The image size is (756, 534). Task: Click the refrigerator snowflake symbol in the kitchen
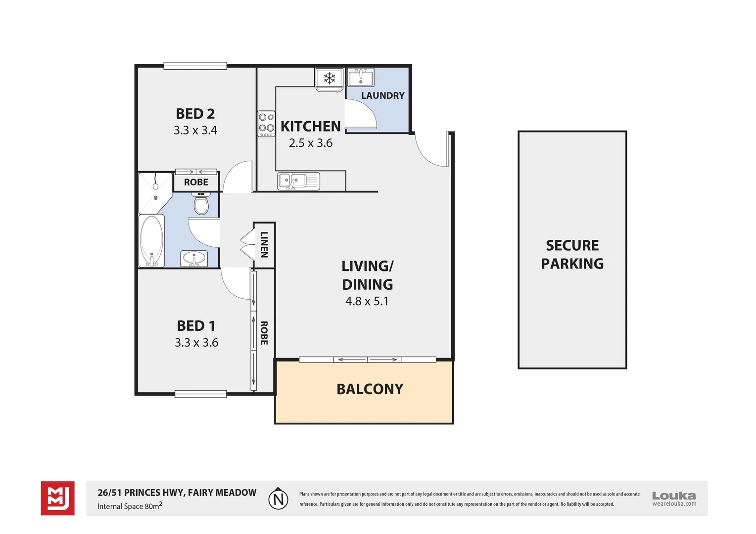coord(330,78)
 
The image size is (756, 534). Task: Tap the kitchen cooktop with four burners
coord(266,123)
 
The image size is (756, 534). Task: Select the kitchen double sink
coord(298,181)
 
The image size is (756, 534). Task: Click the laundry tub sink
coord(361,78)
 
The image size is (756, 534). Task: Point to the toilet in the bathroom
coord(201,204)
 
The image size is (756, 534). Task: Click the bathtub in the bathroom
coord(151,241)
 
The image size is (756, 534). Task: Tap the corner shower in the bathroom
coord(155,191)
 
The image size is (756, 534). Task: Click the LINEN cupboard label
coord(264,245)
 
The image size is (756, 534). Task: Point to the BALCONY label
coord(370,389)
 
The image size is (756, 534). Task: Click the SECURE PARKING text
coord(572,255)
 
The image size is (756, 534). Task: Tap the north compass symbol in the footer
coord(279,498)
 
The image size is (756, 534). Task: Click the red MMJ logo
coord(58,498)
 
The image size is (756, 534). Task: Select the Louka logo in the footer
coord(674,498)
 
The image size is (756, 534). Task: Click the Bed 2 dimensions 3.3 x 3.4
coord(195,130)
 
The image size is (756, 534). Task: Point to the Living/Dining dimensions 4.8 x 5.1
coord(367,301)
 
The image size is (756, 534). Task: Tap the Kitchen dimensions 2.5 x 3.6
coord(311,143)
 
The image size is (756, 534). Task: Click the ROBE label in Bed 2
coord(196,182)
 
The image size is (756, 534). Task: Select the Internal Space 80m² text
coord(130,506)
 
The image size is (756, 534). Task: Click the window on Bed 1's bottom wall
coord(200,394)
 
